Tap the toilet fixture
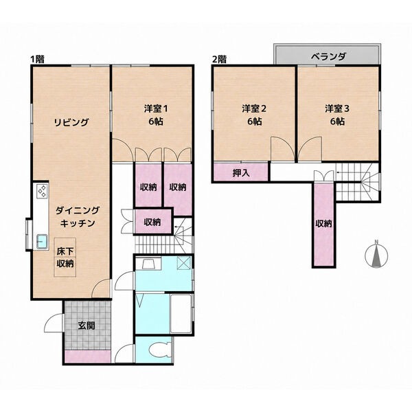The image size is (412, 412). pyautogui.click(x=159, y=350)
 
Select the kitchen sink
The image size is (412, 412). pyautogui.click(x=42, y=241)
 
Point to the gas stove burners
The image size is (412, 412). pyautogui.click(x=42, y=191)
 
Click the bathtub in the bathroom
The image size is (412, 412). pyautogui.click(x=181, y=314)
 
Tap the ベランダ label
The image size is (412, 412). pyautogui.click(x=328, y=56)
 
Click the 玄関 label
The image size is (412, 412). pyautogui.click(x=87, y=325)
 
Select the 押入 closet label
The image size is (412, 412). pyautogui.click(x=241, y=173)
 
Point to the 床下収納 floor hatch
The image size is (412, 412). pyautogui.click(x=65, y=257)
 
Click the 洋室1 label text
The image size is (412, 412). pyautogui.click(x=156, y=108)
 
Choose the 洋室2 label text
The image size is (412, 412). pyautogui.click(x=254, y=108)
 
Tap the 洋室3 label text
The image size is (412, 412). pyautogui.click(x=337, y=108)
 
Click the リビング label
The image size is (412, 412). pyautogui.click(x=71, y=122)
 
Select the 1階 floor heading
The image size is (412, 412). pyautogui.click(x=37, y=59)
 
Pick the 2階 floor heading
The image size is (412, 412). pyautogui.click(x=219, y=59)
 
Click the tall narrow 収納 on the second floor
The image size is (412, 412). pyautogui.click(x=323, y=225)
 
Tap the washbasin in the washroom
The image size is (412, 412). pyautogui.click(x=148, y=264)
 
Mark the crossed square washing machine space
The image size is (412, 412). pyautogui.click(x=183, y=263)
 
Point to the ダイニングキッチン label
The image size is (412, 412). pyautogui.click(x=78, y=217)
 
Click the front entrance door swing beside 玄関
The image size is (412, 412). pyautogui.click(x=54, y=323)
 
